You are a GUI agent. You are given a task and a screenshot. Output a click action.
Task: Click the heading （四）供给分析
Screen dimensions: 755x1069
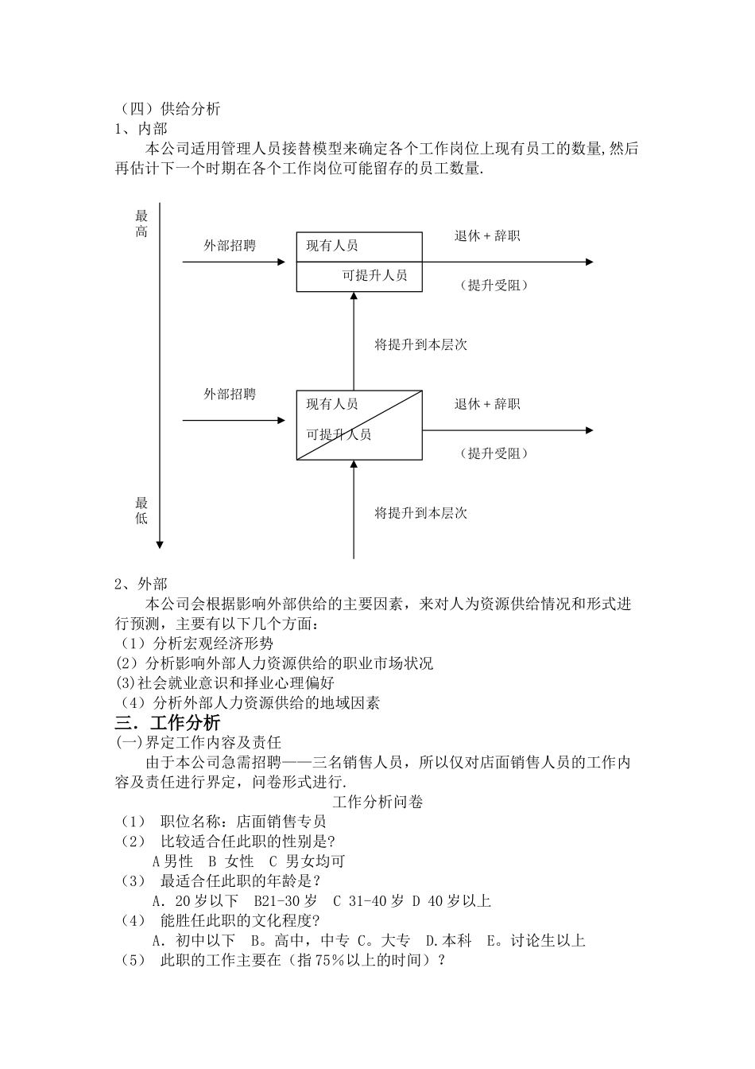(169, 109)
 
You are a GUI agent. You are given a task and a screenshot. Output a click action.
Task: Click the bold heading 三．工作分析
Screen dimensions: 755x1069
(168, 722)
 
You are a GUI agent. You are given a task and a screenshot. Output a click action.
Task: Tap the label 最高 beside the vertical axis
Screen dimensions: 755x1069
(141, 224)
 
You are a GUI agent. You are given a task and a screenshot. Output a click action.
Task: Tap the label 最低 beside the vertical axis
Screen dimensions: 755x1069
(141, 511)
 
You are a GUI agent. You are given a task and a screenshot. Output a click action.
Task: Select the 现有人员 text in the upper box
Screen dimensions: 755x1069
(332, 246)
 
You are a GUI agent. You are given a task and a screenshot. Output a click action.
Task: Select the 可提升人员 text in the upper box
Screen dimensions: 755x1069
(374, 275)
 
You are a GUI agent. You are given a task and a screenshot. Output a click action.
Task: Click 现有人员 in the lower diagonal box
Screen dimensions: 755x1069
(332, 404)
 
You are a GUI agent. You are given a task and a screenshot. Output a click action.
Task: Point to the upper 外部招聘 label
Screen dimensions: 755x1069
(230, 246)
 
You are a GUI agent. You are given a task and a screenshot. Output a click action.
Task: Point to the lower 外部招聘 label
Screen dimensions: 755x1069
(230, 394)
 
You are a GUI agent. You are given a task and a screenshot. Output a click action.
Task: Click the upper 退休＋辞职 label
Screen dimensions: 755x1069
(487, 236)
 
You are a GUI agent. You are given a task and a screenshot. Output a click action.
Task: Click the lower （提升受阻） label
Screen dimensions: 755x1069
(494, 453)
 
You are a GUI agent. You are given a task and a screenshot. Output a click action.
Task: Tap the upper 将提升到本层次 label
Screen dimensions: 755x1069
(420, 344)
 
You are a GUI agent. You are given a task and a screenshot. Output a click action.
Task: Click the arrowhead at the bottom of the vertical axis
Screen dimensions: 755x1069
(160, 544)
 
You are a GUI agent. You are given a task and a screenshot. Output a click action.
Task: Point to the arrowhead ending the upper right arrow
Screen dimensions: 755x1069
(589, 262)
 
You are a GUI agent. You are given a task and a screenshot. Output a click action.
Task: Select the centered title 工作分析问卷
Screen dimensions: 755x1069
(377, 802)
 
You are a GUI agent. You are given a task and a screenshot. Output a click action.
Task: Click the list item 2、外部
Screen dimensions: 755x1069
(141, 584)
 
